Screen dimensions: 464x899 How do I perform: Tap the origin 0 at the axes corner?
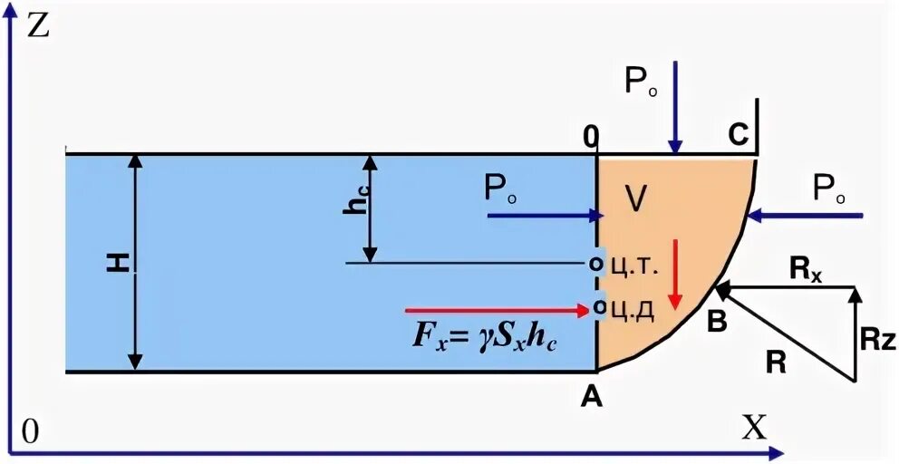(31, 433)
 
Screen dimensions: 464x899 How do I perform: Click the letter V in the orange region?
(636, 198)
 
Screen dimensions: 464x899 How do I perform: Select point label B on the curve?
(716, 321)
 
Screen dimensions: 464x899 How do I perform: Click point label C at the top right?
(739, 135)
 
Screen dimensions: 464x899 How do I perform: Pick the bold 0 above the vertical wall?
(591, 136)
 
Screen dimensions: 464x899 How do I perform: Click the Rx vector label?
(806, 269)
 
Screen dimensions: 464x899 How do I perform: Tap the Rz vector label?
(876, 340)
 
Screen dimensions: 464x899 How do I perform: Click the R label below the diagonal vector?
(776, 362)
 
